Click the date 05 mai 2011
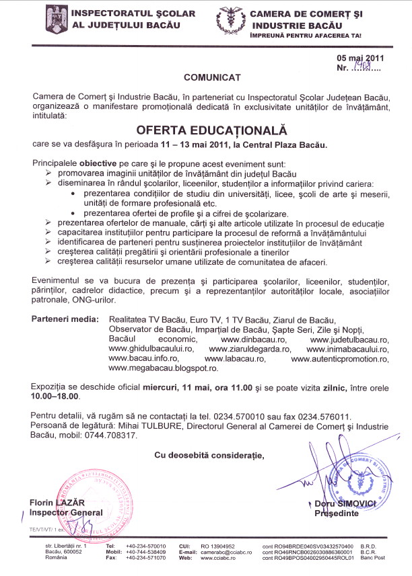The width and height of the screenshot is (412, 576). coord(360,58)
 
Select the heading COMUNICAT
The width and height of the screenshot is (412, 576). coord(207,78)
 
